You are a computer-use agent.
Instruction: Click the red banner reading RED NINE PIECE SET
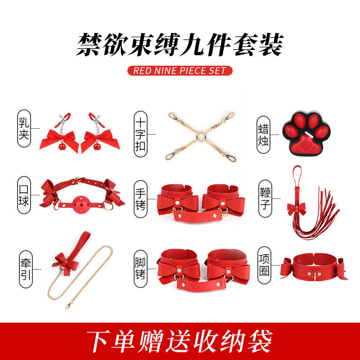pos(180,71)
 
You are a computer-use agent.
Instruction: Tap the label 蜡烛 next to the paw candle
pos(263,135)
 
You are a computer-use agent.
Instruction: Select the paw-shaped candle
pos(306,134)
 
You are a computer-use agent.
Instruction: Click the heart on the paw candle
pos(306,146)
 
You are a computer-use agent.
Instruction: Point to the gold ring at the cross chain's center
pos(200,137)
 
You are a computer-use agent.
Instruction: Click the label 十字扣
pos(140,134)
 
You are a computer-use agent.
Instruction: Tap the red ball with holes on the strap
pos(81,205)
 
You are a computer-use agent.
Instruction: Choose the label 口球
pos(24,195)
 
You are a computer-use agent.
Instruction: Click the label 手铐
pos(140,199)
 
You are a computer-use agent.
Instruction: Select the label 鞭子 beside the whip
pos(265,198)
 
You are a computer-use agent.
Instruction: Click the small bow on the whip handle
pos(297,209)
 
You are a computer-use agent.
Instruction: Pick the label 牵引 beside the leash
pos(26,269)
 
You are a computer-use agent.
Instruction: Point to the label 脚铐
pos(140,269)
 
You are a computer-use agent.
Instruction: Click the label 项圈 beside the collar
pos(264,265)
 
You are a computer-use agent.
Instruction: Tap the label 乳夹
pos(24,129)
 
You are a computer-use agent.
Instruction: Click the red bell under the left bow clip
pos(62,146)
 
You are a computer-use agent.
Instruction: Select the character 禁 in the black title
pos(89,44)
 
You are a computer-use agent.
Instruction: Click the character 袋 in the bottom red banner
pos(260,341)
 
